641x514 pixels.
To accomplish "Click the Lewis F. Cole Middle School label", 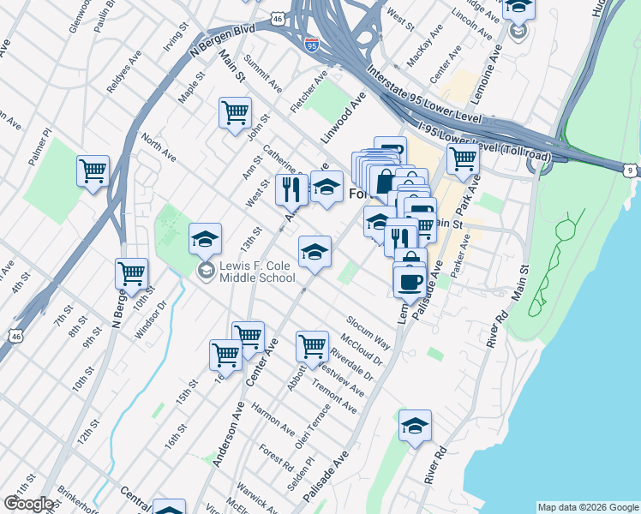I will coord(257,272).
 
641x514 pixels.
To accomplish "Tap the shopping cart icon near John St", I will coord(235,113).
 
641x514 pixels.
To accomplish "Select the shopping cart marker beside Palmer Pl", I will coord(93,170).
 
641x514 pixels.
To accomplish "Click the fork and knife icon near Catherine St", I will coord(291,188).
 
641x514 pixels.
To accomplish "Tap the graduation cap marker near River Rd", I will coord(415,426).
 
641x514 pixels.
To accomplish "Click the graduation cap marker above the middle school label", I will coord(205,239).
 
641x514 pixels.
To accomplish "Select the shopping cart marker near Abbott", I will coord(312,346).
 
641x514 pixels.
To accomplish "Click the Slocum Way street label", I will coord(368,333).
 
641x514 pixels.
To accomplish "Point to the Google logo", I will coord(28,504).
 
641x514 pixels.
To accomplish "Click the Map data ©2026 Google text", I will coord(587,507).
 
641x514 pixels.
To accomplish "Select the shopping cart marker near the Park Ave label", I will coord(462,158).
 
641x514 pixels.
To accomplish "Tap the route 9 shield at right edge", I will coord(630,171).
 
